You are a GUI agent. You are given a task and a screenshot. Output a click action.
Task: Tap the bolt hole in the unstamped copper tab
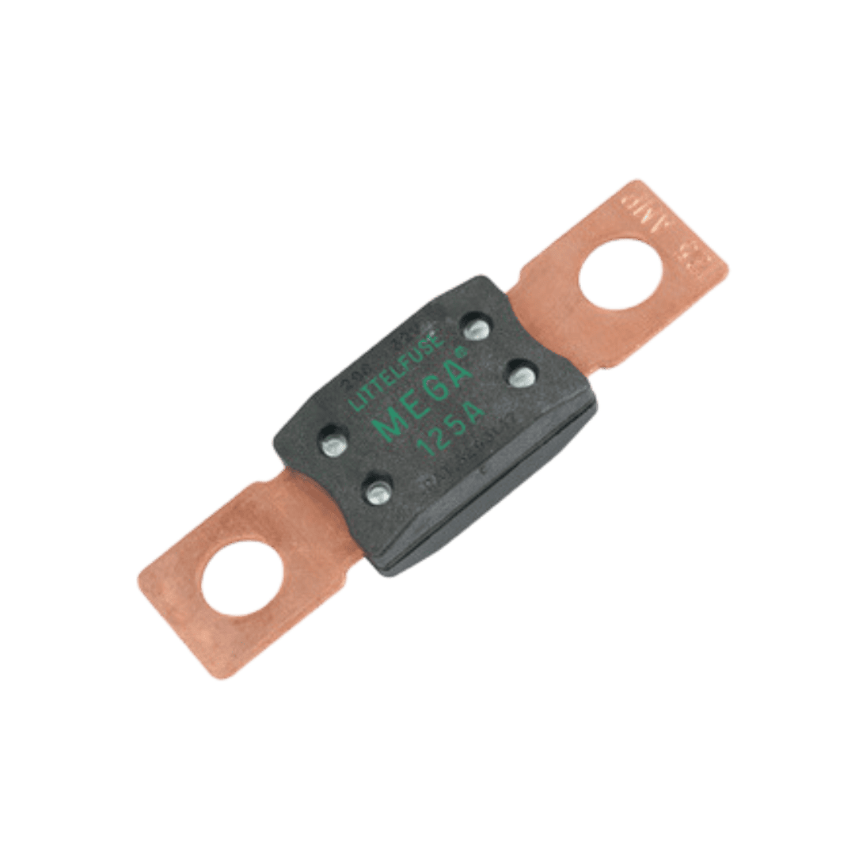point(241,576)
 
